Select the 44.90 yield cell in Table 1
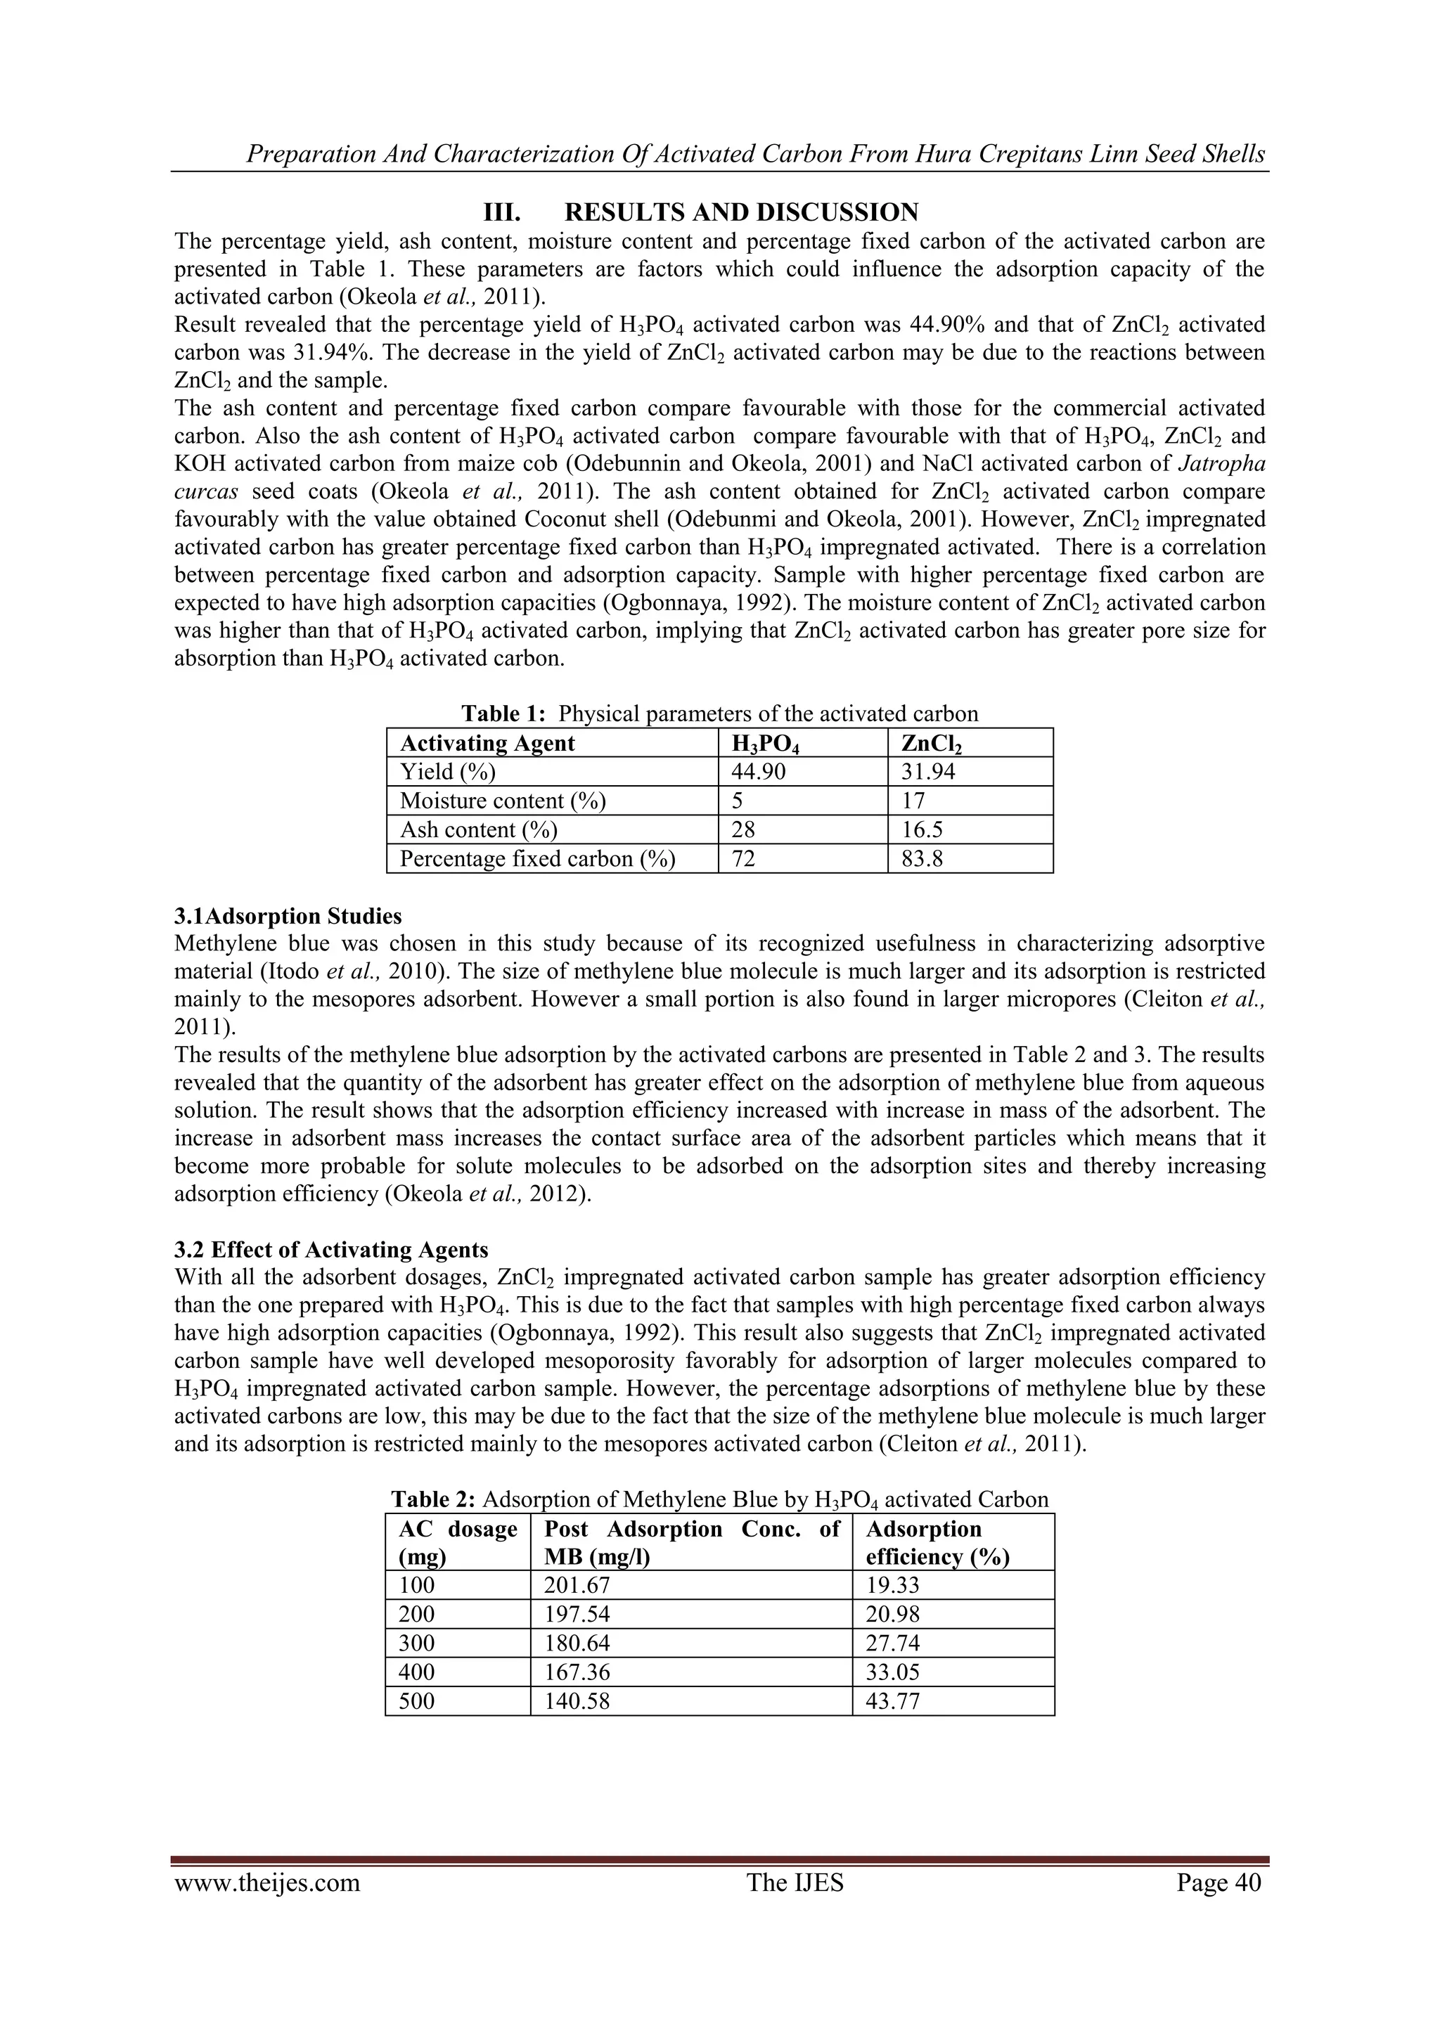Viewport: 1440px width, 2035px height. tap(758, 772)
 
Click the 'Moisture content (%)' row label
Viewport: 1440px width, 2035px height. tap(503, 801)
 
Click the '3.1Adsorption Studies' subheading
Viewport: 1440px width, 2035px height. tap(288, 915)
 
